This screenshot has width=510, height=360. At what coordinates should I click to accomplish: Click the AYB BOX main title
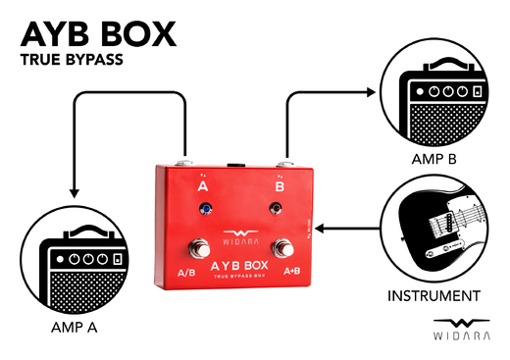(x=98, y=33)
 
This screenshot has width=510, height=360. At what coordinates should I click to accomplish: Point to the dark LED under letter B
(x=277, y=207)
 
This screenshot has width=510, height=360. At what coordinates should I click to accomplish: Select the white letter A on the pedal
(x=203, y=184)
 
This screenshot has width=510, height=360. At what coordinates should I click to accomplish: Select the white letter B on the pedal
(x=280, y=182)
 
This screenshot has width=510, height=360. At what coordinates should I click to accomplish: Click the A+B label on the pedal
(x=291, y=270)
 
